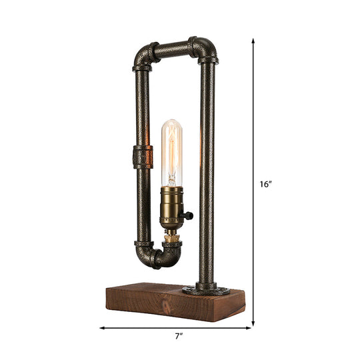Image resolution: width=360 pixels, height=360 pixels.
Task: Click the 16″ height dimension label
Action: click(266, 185)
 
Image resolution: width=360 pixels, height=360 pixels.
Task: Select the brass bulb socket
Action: click(171, 208)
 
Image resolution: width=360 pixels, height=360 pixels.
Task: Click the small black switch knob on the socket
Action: click(190, 215)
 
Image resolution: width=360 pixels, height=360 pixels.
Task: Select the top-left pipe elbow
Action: click(145, 58)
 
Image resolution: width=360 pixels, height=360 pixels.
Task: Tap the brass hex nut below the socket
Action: click(171, 237)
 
